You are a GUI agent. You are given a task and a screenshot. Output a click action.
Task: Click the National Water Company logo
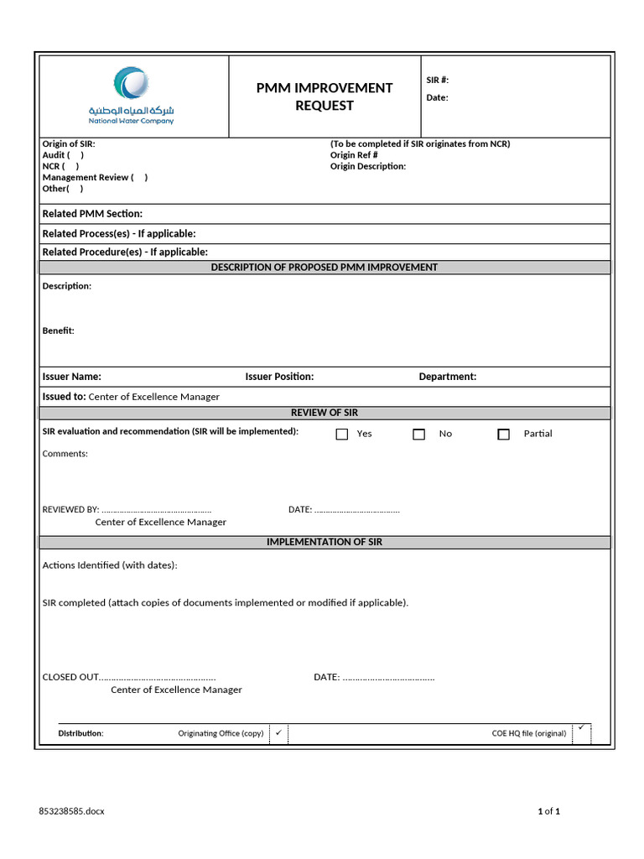click(x=132, y=96)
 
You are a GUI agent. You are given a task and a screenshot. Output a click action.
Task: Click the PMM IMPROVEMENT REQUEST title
click(x=325, y=96)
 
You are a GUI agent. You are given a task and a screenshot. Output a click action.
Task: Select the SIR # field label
click(x=438, y=81)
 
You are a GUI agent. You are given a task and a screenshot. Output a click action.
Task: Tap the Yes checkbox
click(x=342, y=435)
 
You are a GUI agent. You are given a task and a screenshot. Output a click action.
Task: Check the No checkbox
click(x=418, y=435)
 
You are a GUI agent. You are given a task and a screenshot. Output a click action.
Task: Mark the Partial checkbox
click(x=503, y=435)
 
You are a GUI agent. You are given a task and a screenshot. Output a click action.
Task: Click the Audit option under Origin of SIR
click(x=63, y=155)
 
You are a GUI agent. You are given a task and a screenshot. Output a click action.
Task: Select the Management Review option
click(x=95, y=177)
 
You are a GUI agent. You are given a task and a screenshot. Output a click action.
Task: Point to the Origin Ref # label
click(x=354, y=155)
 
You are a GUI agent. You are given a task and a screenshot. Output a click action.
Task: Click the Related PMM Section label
click(x=92, y=214)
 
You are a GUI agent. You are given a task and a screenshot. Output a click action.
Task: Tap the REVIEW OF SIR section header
click(x=325, y=413)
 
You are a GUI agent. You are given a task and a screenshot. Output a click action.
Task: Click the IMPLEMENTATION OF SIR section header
click(x=325, y=542)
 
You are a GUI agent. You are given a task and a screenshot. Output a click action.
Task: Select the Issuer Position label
click(x=279, y=377)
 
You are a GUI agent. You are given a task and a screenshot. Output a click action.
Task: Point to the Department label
click(x=447, y=377)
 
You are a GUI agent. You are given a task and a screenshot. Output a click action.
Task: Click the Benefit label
click(x=59, y=331)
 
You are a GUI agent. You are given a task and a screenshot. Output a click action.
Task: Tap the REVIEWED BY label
click(x=70, y=509)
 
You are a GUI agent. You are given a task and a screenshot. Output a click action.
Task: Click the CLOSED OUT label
click(x=70, y=677)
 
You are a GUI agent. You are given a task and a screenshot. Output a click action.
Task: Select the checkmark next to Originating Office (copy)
click(x=278, y=732)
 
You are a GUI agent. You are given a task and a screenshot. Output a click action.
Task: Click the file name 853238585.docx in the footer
click(x=72, y=811)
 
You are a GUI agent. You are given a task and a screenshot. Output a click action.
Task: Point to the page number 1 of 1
click(x=548, y=811)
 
